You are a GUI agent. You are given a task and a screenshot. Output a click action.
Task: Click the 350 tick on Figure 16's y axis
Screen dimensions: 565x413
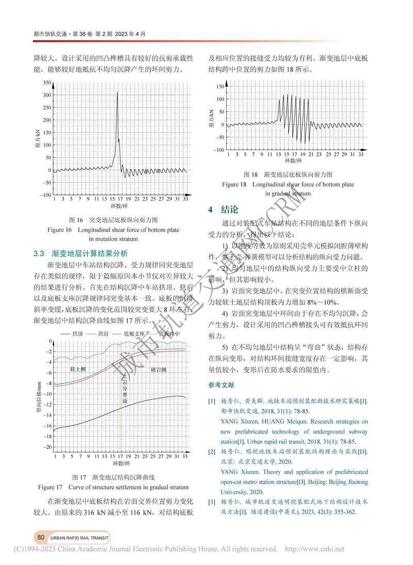pos(47,83)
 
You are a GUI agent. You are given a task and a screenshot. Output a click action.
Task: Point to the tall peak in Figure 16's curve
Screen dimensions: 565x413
pos(118,93)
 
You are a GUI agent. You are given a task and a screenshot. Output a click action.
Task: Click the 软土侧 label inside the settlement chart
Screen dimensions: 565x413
pos(79,369)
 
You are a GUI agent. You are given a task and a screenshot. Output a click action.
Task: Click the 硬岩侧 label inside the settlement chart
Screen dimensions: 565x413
pos(158,369)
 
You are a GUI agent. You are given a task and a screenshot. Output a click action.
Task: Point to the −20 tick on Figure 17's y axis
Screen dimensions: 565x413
pos(47,447)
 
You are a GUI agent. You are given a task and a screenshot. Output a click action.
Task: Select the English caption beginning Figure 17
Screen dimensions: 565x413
pos(114,487)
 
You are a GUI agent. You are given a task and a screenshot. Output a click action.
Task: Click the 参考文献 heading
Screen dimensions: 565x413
pos(221,385)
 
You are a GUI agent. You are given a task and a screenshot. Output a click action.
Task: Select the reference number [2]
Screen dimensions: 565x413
pos(212,452)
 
